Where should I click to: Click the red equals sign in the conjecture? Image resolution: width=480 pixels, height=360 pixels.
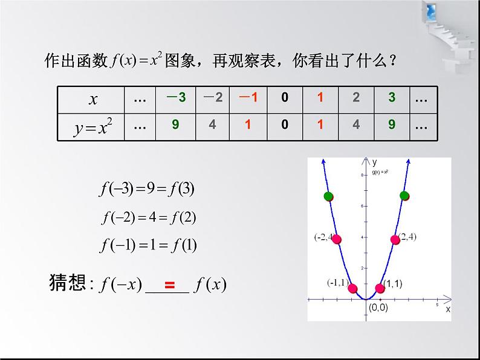170,285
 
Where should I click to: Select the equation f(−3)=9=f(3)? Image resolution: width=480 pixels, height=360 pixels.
147,190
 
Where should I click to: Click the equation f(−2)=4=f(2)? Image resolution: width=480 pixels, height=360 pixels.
148,217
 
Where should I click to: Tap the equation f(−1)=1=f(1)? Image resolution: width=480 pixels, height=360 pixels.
148,245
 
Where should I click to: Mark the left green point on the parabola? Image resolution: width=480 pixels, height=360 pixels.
329,196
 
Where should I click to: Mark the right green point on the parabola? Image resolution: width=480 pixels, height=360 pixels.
404,194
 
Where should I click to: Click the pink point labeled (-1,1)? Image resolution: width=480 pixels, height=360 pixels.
352,288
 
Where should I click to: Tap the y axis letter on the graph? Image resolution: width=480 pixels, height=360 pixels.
375,162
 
